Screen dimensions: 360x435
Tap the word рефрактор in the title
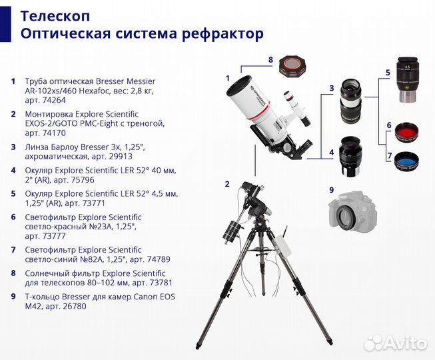click(224, 33)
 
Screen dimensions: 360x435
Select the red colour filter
click(406, 129)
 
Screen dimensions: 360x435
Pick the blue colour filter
click(406, 161)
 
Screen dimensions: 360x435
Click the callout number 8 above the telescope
click(270, 60)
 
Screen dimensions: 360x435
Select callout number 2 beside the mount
click(227, 184)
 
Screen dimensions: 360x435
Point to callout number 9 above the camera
click(331, 189)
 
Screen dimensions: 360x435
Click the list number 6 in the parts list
click(13, 217)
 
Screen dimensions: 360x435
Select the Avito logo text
click(404, 344)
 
